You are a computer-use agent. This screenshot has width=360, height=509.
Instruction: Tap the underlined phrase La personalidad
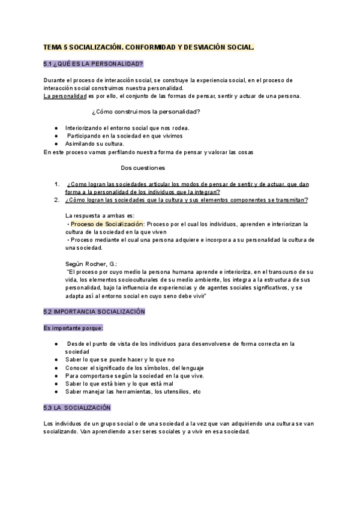[x=65, y=96]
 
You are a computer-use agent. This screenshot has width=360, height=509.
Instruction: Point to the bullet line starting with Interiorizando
[x=127, y=128]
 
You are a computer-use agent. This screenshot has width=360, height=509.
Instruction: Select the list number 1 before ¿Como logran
[x=56, y=184]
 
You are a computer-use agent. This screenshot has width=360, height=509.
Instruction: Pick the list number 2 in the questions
[x=56, y=200]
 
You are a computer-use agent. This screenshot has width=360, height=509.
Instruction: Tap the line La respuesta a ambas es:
[x=100, y=215]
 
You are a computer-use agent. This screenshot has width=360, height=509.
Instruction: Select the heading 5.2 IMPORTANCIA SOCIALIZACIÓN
[x=94, y=312]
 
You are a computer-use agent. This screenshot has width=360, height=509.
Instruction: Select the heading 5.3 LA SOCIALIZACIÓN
[x=77, y=408]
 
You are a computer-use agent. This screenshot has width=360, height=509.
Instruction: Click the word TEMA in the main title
[x=55, y=46]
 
